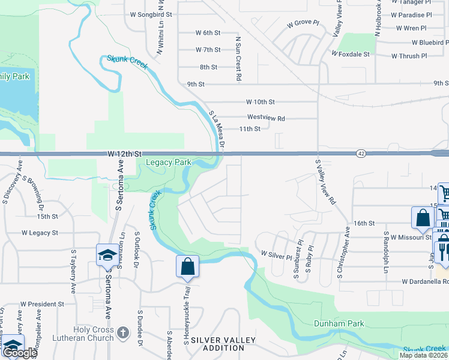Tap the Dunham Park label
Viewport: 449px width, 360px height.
point(339,324)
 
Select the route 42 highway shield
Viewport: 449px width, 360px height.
point(360,154)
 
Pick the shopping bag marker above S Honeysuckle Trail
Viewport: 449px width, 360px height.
point(187,266)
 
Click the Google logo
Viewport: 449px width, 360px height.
point(19,353)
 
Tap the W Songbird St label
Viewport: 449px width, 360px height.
point(150,14)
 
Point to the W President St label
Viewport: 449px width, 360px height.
point(42,304)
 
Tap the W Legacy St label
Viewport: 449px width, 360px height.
point(40,232)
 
